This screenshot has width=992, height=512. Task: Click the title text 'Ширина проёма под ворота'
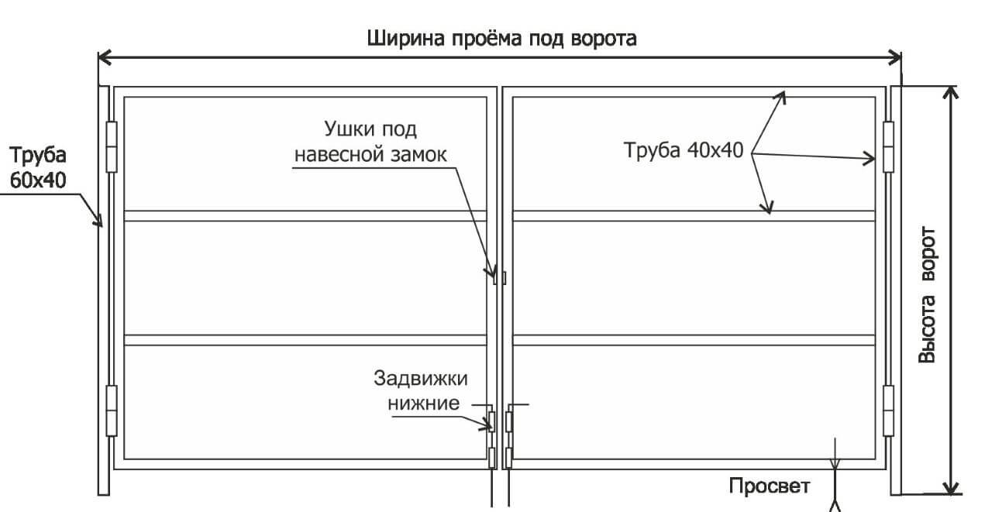pos(501,38)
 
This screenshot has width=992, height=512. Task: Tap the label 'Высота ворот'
pos(927,295)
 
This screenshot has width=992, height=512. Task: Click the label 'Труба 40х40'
pos(684,150)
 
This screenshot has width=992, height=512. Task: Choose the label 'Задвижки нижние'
pos(421,390)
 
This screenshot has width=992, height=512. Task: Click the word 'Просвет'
pos(769,486)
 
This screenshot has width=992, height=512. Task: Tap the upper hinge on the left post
pos(111,146)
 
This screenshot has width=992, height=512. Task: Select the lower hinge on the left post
pos(111,410)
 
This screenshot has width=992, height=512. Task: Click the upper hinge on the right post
pos(888,145)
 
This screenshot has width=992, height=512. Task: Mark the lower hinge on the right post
pos(888,410)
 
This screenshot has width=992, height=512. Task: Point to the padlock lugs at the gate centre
pos(498,277)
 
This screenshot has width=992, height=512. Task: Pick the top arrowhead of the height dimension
pos(950,91)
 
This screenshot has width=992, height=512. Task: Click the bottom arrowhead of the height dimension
pos(950,488)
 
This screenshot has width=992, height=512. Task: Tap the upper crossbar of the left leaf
pos(305,216)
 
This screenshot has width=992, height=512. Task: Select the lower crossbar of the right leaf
pos(694,339)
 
